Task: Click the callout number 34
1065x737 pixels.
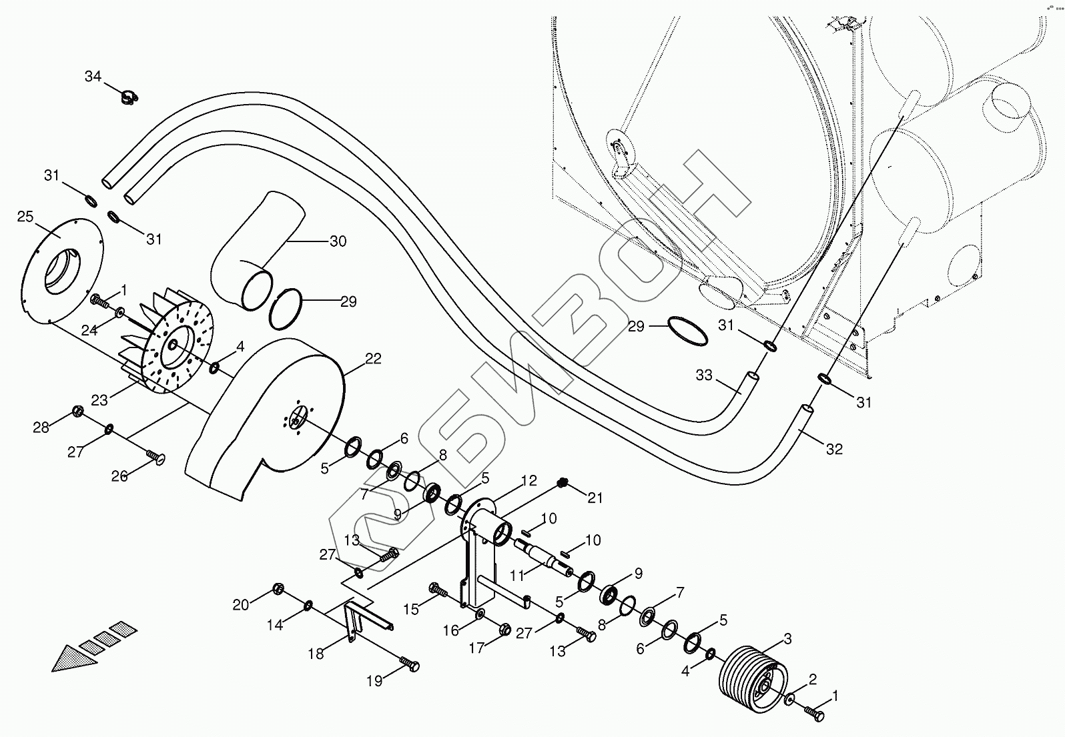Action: click(93, 77)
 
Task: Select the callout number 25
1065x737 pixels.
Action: click(25, 217)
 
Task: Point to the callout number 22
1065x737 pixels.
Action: click(373, 359)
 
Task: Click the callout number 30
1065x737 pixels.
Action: click(338, 241)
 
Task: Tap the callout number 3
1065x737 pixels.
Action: click(787, 639)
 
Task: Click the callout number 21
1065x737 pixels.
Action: click(595, 497)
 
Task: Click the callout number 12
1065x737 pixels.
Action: click(529, 480)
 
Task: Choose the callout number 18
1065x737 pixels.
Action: click(316, 654)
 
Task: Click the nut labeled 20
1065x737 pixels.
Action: click(279, 588)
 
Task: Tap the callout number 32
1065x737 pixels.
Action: click(834, 450)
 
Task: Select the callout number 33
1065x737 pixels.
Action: click(704, 376)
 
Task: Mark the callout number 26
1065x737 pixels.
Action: click(119, 476)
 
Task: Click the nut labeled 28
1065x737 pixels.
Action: click(77, 410)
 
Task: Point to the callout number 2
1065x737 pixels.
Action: click(812, 680)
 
